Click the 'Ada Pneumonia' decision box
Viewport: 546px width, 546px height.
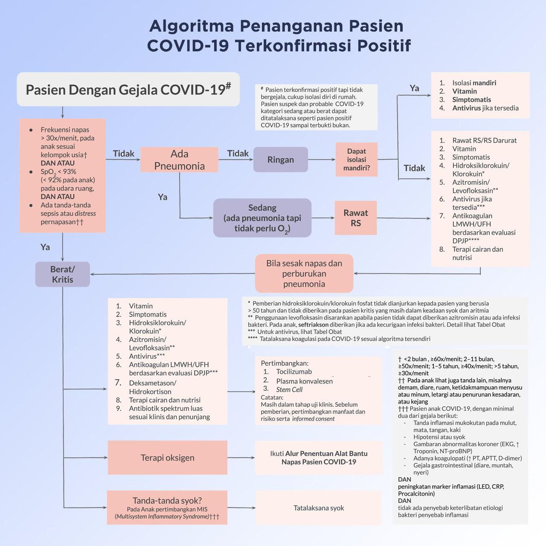(x=179, y=160)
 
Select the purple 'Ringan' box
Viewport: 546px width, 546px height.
(x=281, y=160)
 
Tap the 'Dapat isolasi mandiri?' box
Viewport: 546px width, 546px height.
(x=357, y=160)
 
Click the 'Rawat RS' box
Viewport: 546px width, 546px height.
(x=356, y=218)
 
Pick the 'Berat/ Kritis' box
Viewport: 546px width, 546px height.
(x=63, y=274)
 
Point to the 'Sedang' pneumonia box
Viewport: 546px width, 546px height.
(x=262, y=218)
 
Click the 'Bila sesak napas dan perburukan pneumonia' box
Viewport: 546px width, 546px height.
(x=304, y=273)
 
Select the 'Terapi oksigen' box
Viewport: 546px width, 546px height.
(x=168, y=458)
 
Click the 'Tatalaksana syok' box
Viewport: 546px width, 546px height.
(x=319, y=508)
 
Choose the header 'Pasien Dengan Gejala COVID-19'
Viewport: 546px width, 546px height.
(x=128, y=89)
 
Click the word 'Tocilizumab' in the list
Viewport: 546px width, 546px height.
(x=294, y=372)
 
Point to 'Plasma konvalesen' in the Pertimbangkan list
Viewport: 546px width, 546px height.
(x=304, y=381)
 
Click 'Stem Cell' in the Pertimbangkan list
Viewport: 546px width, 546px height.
(x=289, y=389)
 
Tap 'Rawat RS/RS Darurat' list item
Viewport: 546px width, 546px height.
(x=484, y=140)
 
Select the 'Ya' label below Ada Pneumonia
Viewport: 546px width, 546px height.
(x=163, y=197)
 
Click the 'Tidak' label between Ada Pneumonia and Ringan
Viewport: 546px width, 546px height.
(x=238, y=153)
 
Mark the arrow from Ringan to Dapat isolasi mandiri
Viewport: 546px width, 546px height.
(x=322, y=160)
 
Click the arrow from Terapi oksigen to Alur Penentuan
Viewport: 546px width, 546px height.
(x=241, y=458)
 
